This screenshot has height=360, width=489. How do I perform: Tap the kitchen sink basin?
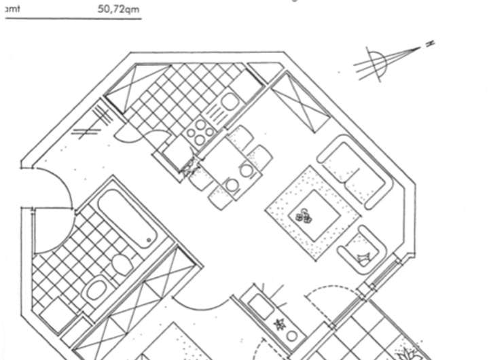coord(229,103)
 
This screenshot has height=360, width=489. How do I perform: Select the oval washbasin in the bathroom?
coord(94,293)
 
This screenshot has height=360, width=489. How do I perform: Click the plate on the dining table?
coord(232,184)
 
